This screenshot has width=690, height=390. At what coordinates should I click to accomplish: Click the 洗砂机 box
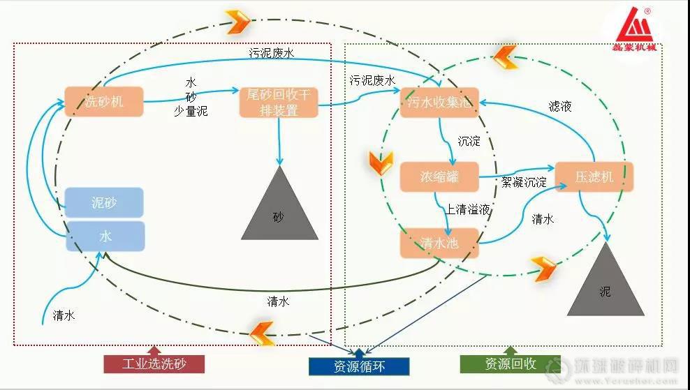click(103, 102)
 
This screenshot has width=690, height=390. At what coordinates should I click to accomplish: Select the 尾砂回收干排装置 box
click(278, 102)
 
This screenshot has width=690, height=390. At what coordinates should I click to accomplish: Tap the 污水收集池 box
click(439, 103)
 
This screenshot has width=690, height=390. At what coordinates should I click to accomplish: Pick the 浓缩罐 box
click(439, 177)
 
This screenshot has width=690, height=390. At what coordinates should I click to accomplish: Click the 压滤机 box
click(594, 177)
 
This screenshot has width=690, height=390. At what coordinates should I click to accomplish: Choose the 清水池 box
click(439, 242)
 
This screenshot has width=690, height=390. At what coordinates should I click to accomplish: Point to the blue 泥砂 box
click(104, 202)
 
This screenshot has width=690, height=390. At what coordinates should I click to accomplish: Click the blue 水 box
click(105, 237)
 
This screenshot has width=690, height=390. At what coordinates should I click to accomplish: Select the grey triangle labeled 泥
click(605, 283)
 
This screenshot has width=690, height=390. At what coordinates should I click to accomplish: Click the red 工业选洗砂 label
click(154, 363)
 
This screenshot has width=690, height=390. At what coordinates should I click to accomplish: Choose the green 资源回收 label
click(510, 363)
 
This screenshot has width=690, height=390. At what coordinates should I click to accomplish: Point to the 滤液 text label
click(560, 107)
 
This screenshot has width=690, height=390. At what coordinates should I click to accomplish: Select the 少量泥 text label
click(191, 110)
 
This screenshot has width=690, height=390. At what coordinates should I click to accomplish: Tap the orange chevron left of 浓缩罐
click(377, 162)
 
